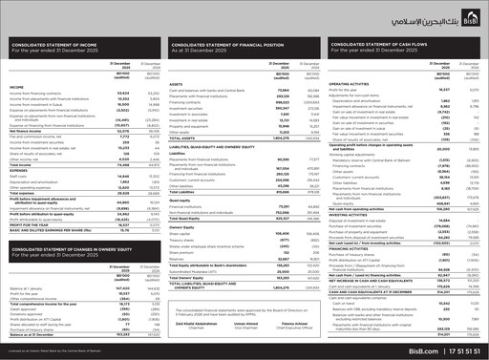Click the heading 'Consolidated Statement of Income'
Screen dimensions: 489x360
click(58, 72)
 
